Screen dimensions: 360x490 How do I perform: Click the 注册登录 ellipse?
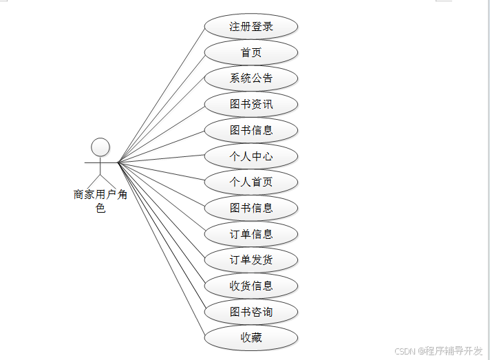pos(251,27)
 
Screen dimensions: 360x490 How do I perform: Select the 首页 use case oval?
pos(251,52)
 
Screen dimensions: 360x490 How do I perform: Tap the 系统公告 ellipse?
pos(251,78)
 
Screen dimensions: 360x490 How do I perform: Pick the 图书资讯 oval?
pos(251,105)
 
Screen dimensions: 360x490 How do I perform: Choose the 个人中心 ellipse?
pos(251,156)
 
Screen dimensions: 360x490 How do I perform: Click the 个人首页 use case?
pos(251,182)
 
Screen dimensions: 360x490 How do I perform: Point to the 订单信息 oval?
pos(251,234)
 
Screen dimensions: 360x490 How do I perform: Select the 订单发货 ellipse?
pos(251,260)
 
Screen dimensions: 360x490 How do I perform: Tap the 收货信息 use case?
pos(251,286)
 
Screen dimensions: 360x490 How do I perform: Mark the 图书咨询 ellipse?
pos(251,312)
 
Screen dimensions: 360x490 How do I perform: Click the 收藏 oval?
pos(251,338)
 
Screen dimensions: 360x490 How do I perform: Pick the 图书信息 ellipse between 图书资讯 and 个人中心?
pos(251,130)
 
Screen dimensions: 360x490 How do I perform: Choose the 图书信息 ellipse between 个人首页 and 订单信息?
pos(251,208)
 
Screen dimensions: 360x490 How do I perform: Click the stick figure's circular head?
pos(100,147)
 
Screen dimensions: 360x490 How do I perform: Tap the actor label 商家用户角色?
pos(100,195)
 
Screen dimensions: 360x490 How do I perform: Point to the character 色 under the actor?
pos(100,208)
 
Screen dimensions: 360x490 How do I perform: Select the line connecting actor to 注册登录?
pos(162,94)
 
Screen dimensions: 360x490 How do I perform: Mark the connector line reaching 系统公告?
pos(162,120)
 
